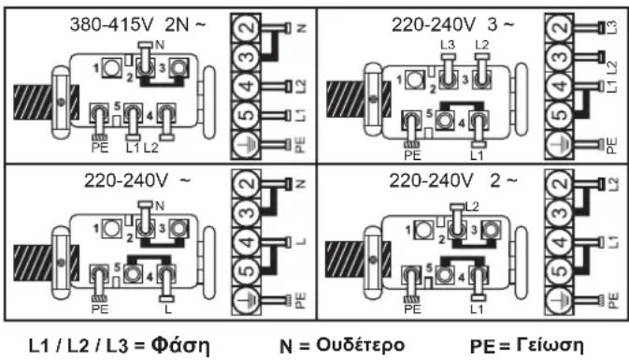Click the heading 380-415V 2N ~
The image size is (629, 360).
[137, 25]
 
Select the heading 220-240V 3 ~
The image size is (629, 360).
[453, 25]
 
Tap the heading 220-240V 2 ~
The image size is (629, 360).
[453, 180]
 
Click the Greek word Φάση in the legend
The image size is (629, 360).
[180, 345]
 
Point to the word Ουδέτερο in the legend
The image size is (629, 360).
[360, 345]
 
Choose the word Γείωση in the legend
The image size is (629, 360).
[550, 345]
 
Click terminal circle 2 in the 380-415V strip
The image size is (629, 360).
[247, 28]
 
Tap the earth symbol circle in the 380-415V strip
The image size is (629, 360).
[247, 144]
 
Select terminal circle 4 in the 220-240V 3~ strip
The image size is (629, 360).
[559, 86]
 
